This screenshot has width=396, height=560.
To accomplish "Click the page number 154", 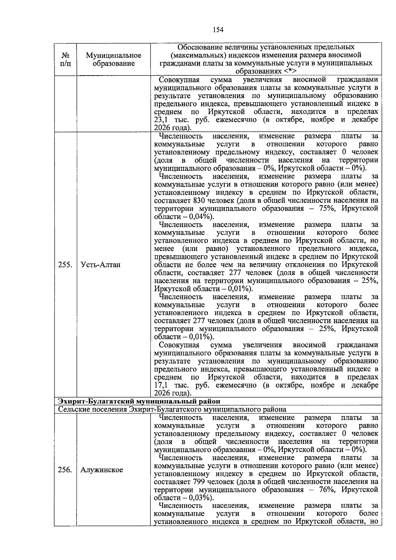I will pos(218,30).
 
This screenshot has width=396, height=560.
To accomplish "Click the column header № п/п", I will pos(65,59).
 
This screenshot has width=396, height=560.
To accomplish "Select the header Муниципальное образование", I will pos(113,59).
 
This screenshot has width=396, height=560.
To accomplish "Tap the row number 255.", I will pos(65,265).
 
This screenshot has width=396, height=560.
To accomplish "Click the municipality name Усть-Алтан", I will pos(100,265).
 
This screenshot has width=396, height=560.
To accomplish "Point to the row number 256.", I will pos(65,470).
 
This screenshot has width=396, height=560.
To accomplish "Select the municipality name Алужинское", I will pos(102,470).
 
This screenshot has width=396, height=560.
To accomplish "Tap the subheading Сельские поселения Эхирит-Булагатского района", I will pos(172,409).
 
